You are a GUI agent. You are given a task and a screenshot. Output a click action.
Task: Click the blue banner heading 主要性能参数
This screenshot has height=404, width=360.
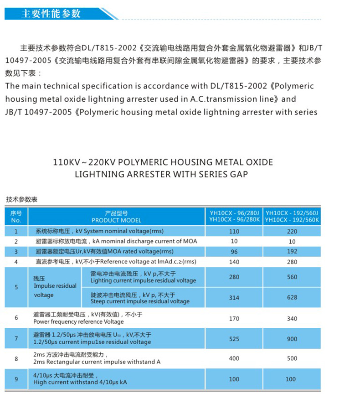coord(51,14)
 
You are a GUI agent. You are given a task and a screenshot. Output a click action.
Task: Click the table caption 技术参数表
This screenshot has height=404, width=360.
coord(21,199)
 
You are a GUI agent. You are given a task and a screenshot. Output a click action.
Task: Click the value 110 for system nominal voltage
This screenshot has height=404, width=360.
coord(234,231)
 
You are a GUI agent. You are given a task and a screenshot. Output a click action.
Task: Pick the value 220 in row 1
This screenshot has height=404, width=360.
coord(292,231)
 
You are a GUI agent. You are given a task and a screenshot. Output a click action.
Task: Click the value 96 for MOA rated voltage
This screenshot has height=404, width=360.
coord(234,251)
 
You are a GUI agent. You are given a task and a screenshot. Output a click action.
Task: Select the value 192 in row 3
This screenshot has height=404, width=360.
coord(292,251)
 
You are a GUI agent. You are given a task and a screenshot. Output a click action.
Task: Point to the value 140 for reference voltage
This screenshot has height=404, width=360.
coord(234,262)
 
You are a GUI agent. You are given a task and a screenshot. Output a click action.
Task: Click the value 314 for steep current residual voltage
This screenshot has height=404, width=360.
coord(234,298)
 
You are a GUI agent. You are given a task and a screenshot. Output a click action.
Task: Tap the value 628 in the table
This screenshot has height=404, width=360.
coord(292,298)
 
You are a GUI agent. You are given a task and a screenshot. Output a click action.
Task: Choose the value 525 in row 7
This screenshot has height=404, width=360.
coord(234,339)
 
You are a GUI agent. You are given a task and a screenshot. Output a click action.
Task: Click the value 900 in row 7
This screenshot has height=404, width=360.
coord(292,339)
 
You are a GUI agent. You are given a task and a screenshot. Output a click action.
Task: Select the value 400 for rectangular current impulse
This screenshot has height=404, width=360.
coord(234,358)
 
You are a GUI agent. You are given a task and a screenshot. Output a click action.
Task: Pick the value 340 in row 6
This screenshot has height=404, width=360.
coord(292,318)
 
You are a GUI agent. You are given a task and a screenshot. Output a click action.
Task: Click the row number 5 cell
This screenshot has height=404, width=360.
coord(16,287)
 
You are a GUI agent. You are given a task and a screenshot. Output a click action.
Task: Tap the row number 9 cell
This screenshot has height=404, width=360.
coord(16,379)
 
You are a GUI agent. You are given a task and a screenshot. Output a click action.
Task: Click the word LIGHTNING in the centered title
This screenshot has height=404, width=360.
coord(97,174)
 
